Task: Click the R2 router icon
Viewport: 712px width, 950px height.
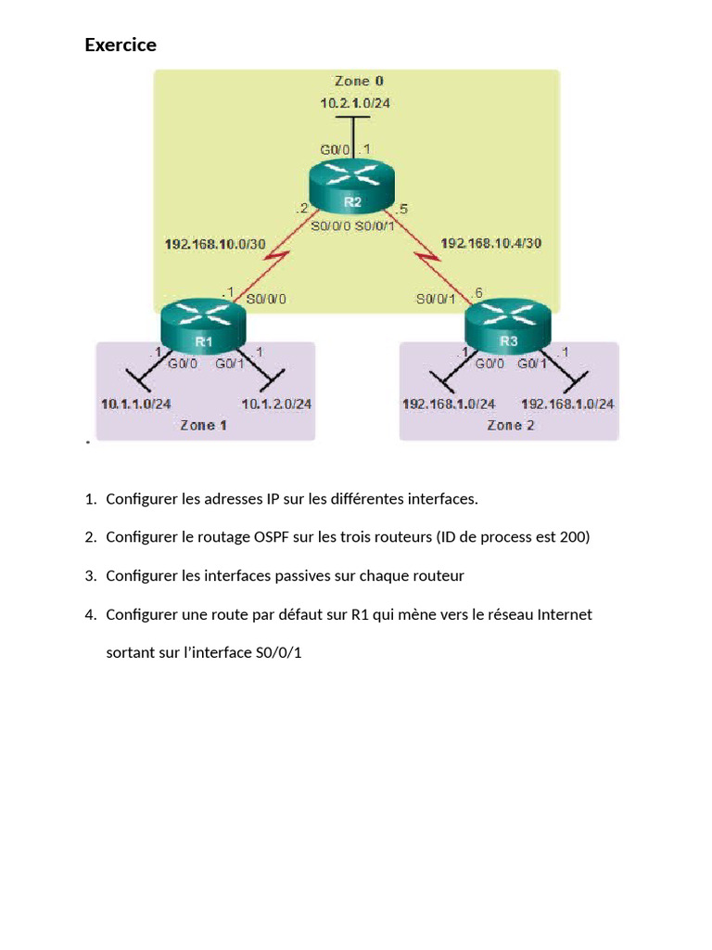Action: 351,186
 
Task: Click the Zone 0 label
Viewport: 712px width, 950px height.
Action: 359,81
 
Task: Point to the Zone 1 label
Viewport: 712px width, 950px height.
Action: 203,425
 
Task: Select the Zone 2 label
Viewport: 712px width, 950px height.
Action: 511,425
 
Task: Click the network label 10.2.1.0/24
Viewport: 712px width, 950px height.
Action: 355,103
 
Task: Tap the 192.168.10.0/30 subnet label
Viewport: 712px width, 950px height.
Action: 215,244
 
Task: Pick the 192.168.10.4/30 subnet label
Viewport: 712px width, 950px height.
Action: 491,243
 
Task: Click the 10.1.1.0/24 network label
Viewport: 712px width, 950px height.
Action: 135,404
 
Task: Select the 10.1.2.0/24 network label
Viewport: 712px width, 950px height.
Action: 276,404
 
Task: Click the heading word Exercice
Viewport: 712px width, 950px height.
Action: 121,45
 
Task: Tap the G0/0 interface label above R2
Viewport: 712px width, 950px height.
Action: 335,149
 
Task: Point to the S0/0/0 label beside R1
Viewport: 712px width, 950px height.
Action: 266,299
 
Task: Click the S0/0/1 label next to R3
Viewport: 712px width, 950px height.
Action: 436,299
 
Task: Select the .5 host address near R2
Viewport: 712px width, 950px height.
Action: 401,209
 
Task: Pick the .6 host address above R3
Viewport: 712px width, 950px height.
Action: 477,293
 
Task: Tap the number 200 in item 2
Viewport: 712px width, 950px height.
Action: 571,537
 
